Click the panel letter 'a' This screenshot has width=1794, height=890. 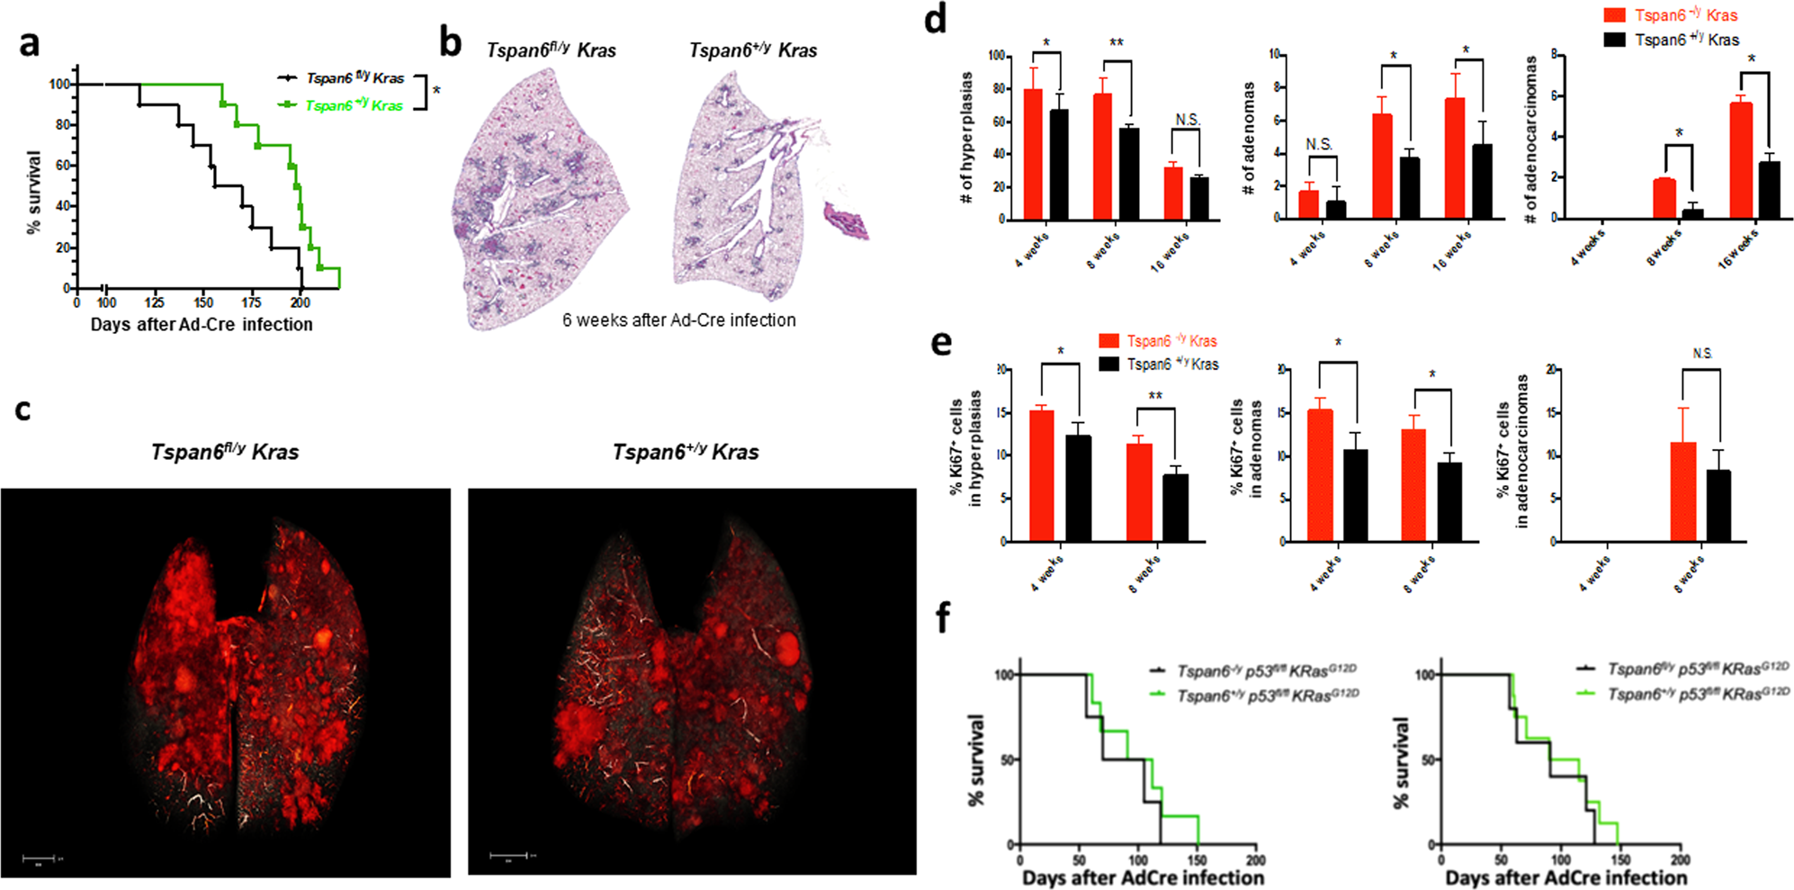[x=30, y=43]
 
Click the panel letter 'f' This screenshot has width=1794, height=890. [x=943, y=618]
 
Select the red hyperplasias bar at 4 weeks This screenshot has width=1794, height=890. [x=1033, y=154]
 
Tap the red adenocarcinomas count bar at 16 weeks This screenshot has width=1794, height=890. [x=1740, y=160]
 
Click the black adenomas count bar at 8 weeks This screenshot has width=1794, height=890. [x=1410, y=188]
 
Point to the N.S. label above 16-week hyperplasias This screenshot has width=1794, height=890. [x=1188, y=120]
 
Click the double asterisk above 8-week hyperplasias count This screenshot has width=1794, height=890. [x=1117, y=43]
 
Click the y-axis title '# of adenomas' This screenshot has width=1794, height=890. [x=1249, y=139]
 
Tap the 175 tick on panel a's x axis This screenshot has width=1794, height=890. [x=252, y=303]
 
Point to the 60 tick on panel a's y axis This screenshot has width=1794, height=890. [x=63, y=166]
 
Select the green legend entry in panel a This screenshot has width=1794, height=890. [x=342, y=105]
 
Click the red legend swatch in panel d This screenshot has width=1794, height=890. [x=1614, y=15]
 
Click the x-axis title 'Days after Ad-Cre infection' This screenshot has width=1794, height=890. [x=202, y=325]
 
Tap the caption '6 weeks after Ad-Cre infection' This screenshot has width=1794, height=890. [x=678, y=320]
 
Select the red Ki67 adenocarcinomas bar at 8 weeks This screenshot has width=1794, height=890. [x=1682, y=491]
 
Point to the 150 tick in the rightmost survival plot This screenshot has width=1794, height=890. [x=1620, y=860]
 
